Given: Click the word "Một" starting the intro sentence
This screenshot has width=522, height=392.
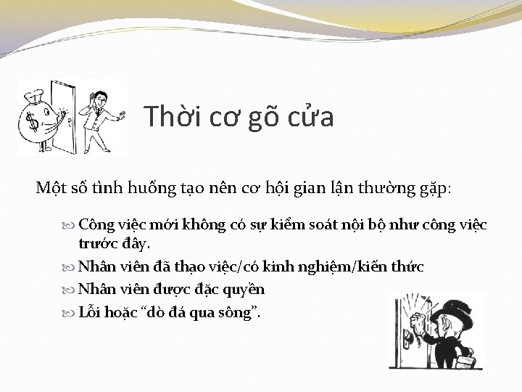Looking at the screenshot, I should tap(50, 188).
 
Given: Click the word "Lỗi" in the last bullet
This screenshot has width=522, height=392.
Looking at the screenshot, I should tap(91, 313).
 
